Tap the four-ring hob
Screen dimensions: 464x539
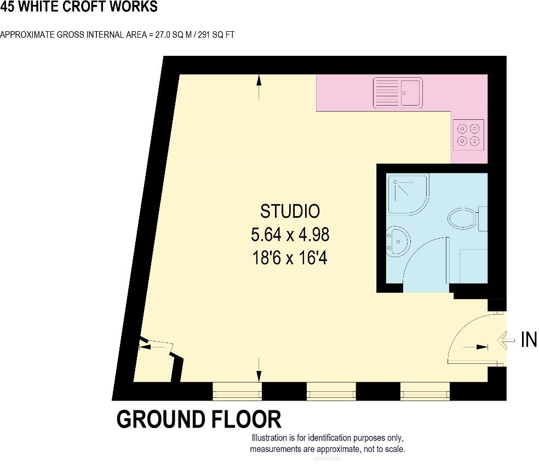pyautogui.click(x=468, y=135)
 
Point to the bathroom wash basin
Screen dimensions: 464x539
pyautogui.click(x=397, y=241)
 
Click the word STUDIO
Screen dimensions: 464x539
pyautogui.click(x=290, y=211)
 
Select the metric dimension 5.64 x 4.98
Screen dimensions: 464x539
pyautogui.click(x=290, y=235)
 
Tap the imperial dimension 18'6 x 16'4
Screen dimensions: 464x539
pyautogui.click(x=290, y=258)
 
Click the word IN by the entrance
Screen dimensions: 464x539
pyautogui.click(x=529, y=340)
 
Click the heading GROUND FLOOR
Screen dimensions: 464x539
pyautogui.click(x=199, y=420)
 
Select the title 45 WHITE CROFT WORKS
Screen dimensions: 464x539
pyautogui.click(x=79, y=7)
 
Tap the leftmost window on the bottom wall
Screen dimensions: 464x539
pyautogui.click(x=237, y=392)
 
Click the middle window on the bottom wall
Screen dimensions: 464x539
pyautogui.click(x=331, y=392)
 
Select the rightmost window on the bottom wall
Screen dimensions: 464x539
pyautogui.click(x=425, y=392)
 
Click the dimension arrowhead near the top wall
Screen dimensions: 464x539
pyautogui.click(x=259, y=81)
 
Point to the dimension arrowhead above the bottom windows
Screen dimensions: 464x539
pyautogui.click(x=259, y=375)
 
